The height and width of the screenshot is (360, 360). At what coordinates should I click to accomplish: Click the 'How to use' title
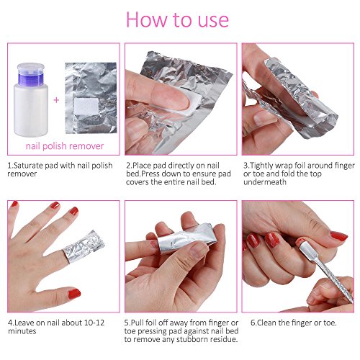(x=179, y=19)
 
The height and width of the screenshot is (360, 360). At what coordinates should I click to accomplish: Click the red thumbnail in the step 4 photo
(x=74, y=293)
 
